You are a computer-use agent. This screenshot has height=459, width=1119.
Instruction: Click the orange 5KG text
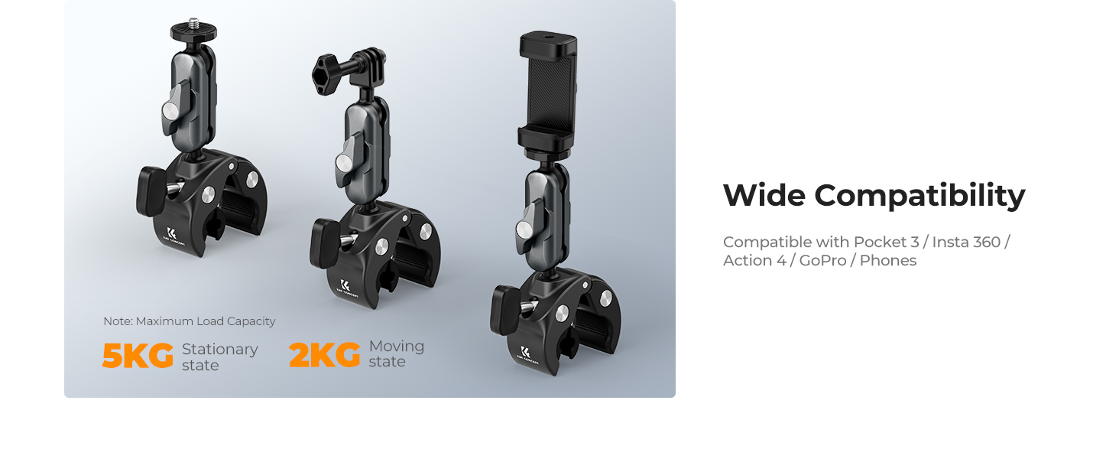[138, 356]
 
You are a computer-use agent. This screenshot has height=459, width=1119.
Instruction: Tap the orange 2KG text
[324, 355]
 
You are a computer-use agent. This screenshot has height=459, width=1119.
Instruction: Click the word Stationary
[220, 349]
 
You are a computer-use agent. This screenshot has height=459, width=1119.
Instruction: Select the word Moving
[397, 346]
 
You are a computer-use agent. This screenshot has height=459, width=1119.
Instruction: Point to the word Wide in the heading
[764, 195]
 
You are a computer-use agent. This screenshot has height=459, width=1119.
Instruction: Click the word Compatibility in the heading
[920, 197]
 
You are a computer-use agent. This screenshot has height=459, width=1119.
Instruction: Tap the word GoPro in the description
[822, 261]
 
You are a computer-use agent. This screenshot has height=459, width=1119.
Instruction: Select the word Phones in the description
[888, 261]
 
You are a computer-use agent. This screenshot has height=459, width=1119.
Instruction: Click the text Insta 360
[966, 242]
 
